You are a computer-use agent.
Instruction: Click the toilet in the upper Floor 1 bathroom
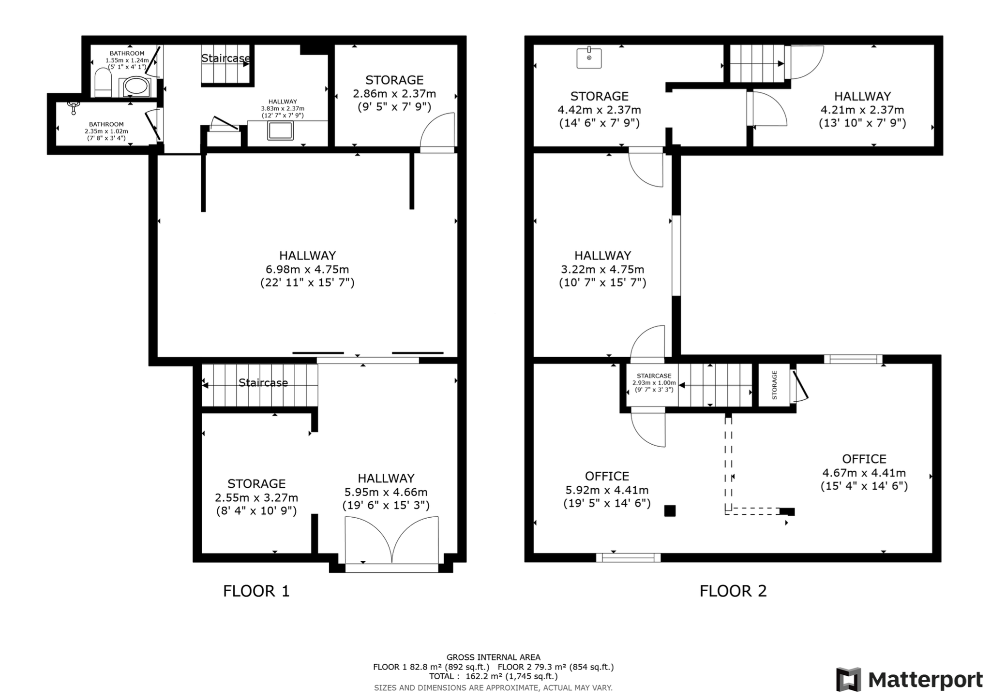tap(103, 83)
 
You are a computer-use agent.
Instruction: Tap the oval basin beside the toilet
tap(135, 87)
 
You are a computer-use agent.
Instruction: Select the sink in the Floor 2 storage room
tap(589, 58)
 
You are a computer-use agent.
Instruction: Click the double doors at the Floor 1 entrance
tap(391, 540)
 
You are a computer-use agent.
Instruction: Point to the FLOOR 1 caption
tap(256, 591)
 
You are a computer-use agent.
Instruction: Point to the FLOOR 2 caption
tap(733, 591)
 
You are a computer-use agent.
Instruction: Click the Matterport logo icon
tap(848, 679)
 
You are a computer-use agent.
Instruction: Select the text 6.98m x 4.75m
tap(307, 269)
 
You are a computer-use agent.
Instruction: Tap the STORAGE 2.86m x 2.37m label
tap(394, 93)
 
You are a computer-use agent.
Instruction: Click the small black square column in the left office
tap(670, 510)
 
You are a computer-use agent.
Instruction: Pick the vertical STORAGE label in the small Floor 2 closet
tap(774, 385)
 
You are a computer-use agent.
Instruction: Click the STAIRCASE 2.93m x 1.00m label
tap(654, 382)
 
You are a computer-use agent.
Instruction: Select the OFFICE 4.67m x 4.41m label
tap(864, 472)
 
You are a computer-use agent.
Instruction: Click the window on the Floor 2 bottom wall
tap(628, 557)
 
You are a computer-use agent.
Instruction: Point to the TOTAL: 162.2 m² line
tap(493, 676)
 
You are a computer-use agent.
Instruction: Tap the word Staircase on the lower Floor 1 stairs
tap(263, 383)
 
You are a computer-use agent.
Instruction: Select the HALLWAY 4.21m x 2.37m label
tap(862, 110)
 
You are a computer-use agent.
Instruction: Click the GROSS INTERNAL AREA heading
tap(493, 657)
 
